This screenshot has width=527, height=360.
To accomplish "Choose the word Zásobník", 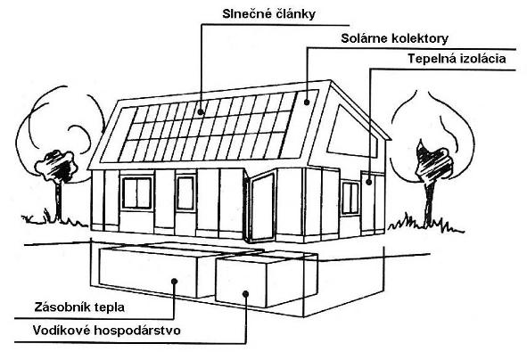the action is point(62,307).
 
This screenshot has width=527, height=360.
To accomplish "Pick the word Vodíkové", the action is point(62,330).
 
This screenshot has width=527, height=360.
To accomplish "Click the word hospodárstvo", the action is point(137,331).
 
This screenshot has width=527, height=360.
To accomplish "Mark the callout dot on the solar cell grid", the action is point(201,111).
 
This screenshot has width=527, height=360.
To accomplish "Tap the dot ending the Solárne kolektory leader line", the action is point(307,102).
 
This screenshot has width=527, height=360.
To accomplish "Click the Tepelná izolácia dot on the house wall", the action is point(369,183).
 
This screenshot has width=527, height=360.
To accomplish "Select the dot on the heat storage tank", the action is point(174,281).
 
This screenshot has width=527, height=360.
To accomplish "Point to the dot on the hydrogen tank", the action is point(246,294).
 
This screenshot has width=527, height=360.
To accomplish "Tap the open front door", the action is point(262,208).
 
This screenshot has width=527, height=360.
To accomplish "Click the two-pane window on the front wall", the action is point(136,193).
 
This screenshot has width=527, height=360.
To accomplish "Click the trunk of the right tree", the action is point(428,204).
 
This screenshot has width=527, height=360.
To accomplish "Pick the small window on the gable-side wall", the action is point(350,198).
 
